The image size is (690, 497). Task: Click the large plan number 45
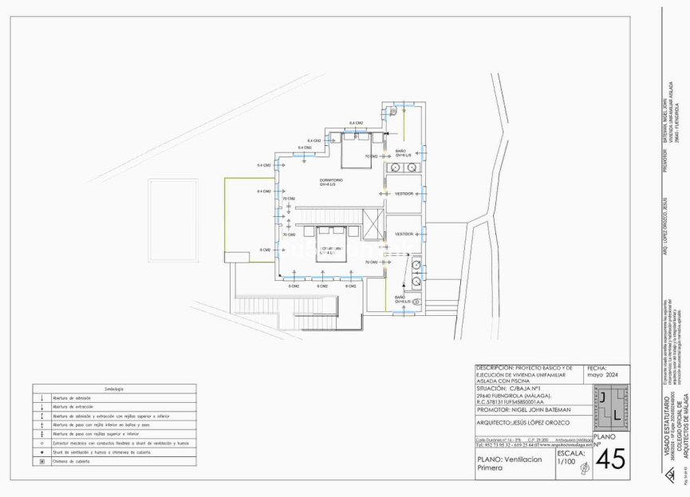tap(610, 460)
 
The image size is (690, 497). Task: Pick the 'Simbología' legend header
tap(114, 389)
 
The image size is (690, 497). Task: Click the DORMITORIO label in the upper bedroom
tap(326, 180)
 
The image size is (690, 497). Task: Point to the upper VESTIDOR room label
tap(404, 193)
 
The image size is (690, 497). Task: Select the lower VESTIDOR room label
tap(404, 235)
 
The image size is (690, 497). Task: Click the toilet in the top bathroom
tap(394, 113)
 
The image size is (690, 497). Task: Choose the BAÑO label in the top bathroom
tap(401, 151)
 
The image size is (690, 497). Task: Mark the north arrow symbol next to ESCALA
tap(584, 471)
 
